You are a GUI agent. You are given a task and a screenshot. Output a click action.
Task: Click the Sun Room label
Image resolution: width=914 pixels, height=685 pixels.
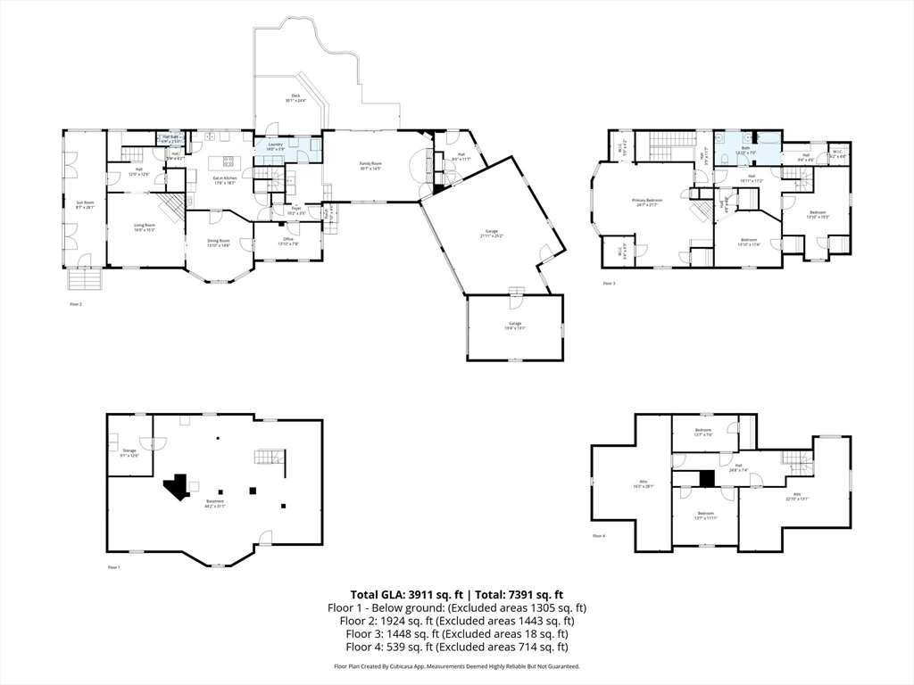tap(84, 204)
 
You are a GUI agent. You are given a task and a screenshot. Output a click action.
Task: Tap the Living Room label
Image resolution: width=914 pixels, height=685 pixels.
tap(145, 227)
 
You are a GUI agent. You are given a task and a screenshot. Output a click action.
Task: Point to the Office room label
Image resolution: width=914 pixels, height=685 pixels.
tap(287, 241)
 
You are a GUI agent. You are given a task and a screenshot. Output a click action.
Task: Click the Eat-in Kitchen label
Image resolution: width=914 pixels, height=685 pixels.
tap(225, 180)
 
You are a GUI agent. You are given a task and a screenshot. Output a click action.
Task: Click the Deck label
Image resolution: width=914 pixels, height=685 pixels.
tap(295, 97)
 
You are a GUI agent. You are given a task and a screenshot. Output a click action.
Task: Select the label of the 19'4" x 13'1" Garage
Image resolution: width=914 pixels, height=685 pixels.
tap(515, 325)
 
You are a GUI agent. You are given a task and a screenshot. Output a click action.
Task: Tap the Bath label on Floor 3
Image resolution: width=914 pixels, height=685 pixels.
tap(744, 150)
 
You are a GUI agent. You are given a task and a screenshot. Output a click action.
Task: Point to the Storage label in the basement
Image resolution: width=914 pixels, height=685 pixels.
tap(129, 452)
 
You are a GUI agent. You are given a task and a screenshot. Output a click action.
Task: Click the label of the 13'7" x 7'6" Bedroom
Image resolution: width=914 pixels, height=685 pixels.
tap(704, 433)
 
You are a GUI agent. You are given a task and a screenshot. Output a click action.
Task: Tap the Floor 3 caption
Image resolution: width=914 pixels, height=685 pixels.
tap(609, 284)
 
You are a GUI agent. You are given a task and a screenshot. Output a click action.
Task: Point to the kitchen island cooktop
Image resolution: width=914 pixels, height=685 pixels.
tap(227, 161)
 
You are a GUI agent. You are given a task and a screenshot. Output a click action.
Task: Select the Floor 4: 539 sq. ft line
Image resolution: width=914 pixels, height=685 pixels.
tap(457, 647)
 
